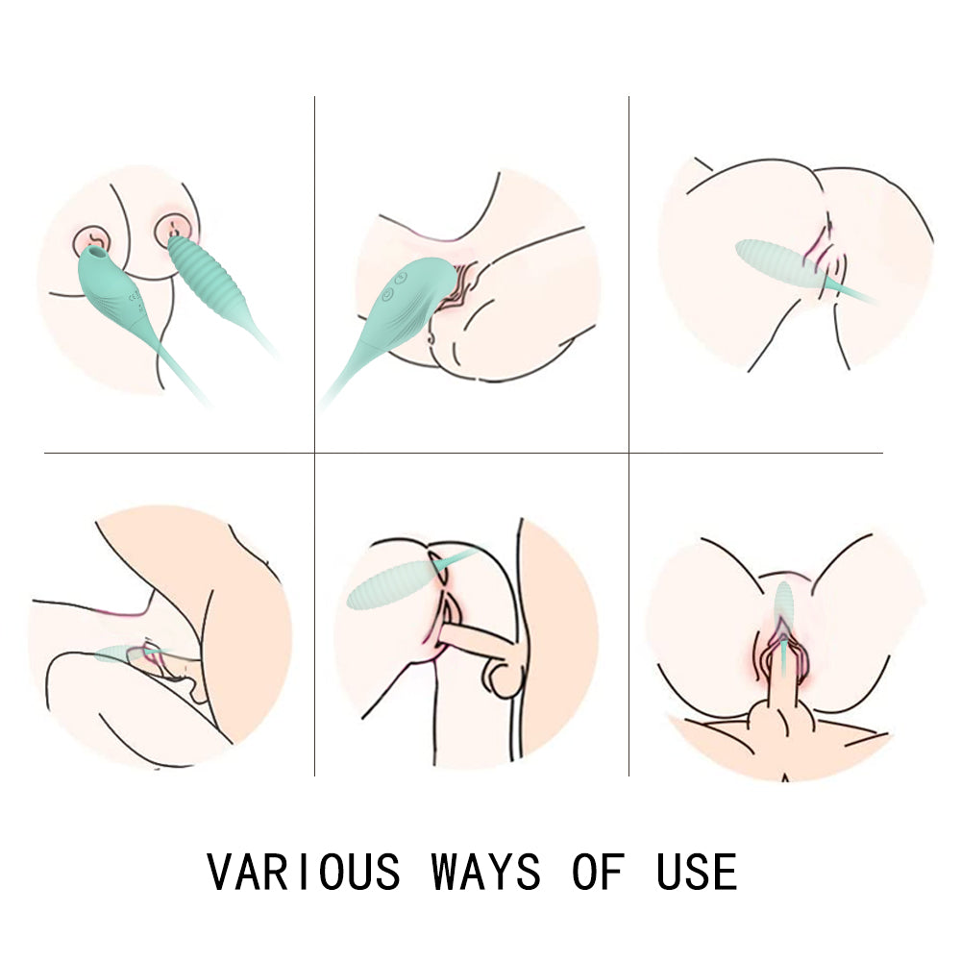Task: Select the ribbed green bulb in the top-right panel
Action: [778, 263]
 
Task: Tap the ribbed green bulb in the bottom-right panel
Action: [783, 604]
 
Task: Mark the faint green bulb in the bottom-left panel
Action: [116, 654]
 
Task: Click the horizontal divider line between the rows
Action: [463, 454]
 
